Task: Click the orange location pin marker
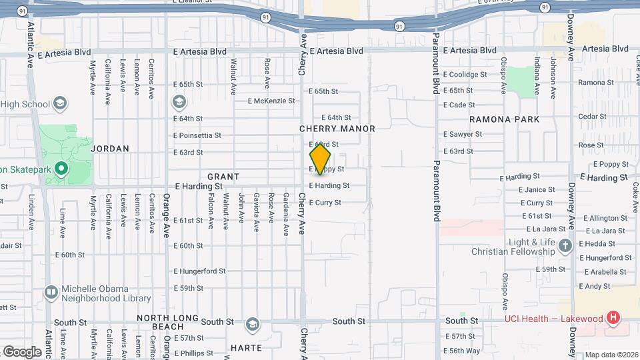coord(320,159)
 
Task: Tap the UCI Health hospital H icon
coord(613,318)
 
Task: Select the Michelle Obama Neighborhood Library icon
coord(51,292)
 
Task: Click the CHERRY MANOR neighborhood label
coord(337,129)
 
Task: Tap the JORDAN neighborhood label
coord(109,149)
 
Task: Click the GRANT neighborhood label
coord(223,177)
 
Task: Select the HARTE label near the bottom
coord(246,348)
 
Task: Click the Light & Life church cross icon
coord(565,245)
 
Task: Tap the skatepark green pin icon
coord(61,169)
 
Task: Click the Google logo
coord(22,351)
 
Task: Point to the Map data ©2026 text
coord(611,355)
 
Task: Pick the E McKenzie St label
coord(271,101)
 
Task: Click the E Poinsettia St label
coord(197,135)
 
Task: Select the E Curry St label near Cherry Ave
coord(325,203)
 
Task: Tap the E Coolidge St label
coord(467,75)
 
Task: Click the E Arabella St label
coord(606,272)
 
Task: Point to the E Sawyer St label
coord(463,134)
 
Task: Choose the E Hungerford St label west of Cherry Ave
coord(200,271)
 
